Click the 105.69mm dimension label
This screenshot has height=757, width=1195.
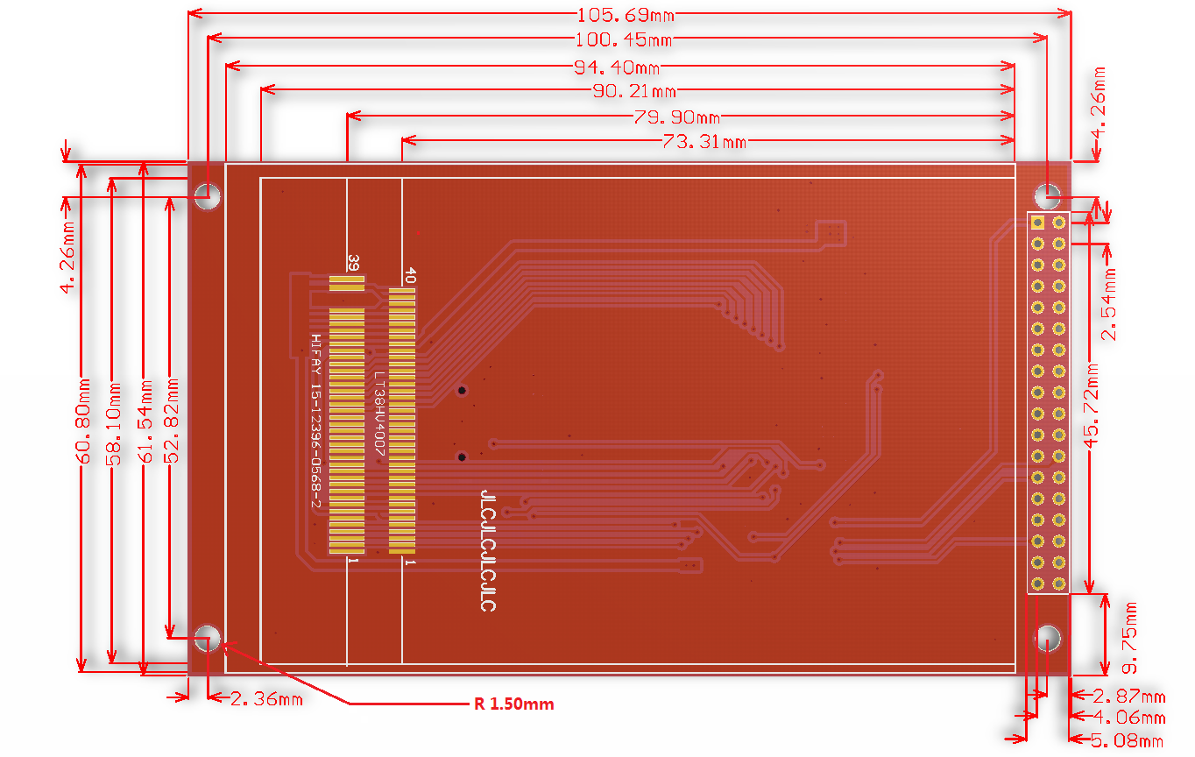click(626, 15)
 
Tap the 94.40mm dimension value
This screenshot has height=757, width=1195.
click(617, 67)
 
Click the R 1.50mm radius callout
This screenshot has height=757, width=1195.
click(514, 704)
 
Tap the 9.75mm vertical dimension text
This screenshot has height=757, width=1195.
click(1130, 638)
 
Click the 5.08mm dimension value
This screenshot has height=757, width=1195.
click(1127, 741)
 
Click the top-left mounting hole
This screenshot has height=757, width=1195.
click(208, 196)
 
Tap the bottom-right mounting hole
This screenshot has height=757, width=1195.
click(1049, 637)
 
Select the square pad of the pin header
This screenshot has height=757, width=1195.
click(1037, 223)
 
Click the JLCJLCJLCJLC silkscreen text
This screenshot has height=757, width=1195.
click(489, 550)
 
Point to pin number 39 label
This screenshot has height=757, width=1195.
click(354, 263)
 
